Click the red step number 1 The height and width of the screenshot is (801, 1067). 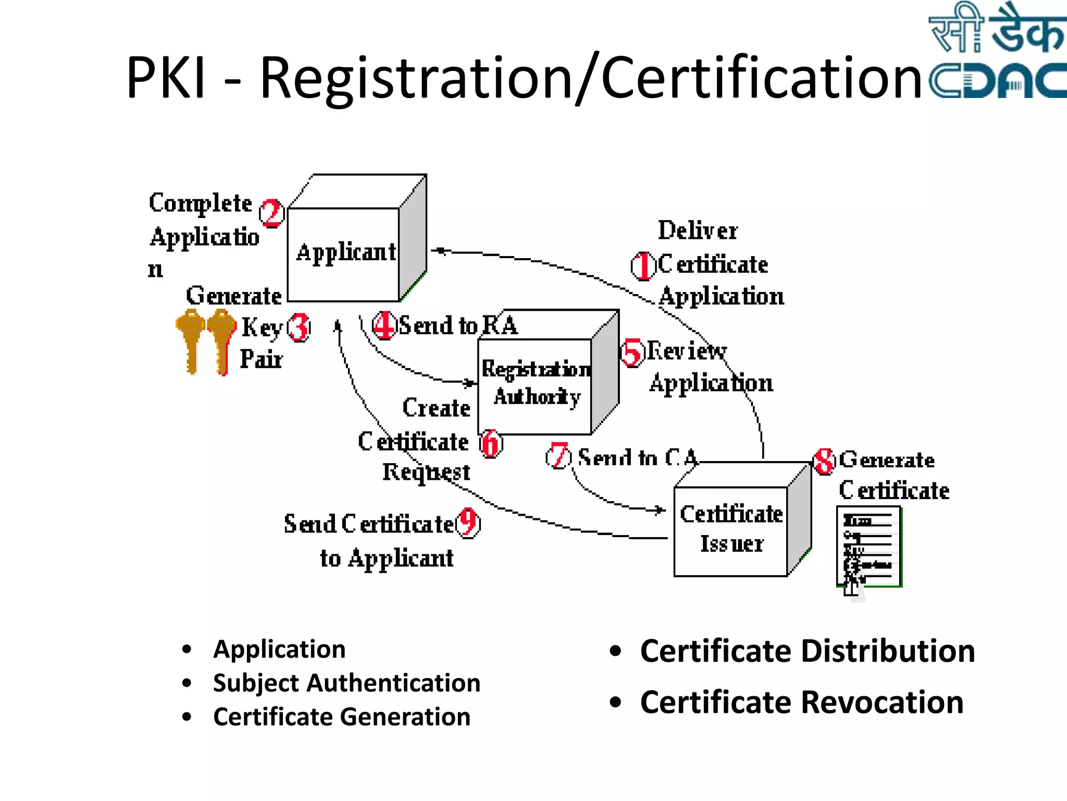(644, 266)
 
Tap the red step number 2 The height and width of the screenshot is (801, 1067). (271, 213)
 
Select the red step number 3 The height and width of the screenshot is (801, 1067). (299, 327)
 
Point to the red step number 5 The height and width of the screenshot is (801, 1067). (632, 353)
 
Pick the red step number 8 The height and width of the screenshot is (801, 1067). (824, 461)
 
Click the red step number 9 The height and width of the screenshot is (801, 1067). (468, 523)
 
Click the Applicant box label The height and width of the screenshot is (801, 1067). (346, 252)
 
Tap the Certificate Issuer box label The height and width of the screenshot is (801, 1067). (731, 529)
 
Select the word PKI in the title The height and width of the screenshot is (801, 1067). (166, 78)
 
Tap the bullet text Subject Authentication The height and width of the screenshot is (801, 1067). (346, 683)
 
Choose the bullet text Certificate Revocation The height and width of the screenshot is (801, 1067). (801, 702)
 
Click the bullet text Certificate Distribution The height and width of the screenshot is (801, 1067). (807, 651)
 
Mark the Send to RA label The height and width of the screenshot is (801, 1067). (457, 325)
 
